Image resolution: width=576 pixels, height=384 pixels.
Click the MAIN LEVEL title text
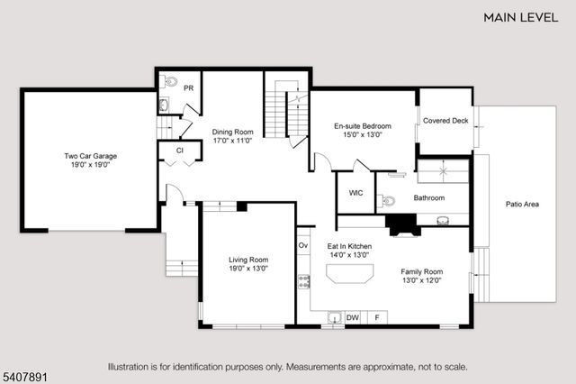522,16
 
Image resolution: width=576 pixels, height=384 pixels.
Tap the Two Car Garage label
90,160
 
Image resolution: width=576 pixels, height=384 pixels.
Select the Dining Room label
232,136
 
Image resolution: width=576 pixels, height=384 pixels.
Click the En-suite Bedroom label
358,130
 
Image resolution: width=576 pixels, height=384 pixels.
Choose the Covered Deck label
445,120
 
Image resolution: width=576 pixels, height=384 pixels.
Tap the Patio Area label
522,205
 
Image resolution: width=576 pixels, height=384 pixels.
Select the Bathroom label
429,197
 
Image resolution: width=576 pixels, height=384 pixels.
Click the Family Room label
421,275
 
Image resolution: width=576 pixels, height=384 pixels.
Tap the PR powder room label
190,88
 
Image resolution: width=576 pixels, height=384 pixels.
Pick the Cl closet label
180,151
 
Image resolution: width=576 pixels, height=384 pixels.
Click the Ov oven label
303,244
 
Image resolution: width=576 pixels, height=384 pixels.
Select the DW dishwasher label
353,316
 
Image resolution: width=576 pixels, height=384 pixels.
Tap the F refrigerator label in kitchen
376,316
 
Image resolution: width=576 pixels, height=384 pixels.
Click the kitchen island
349,275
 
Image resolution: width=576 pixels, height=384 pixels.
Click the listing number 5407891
25,368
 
